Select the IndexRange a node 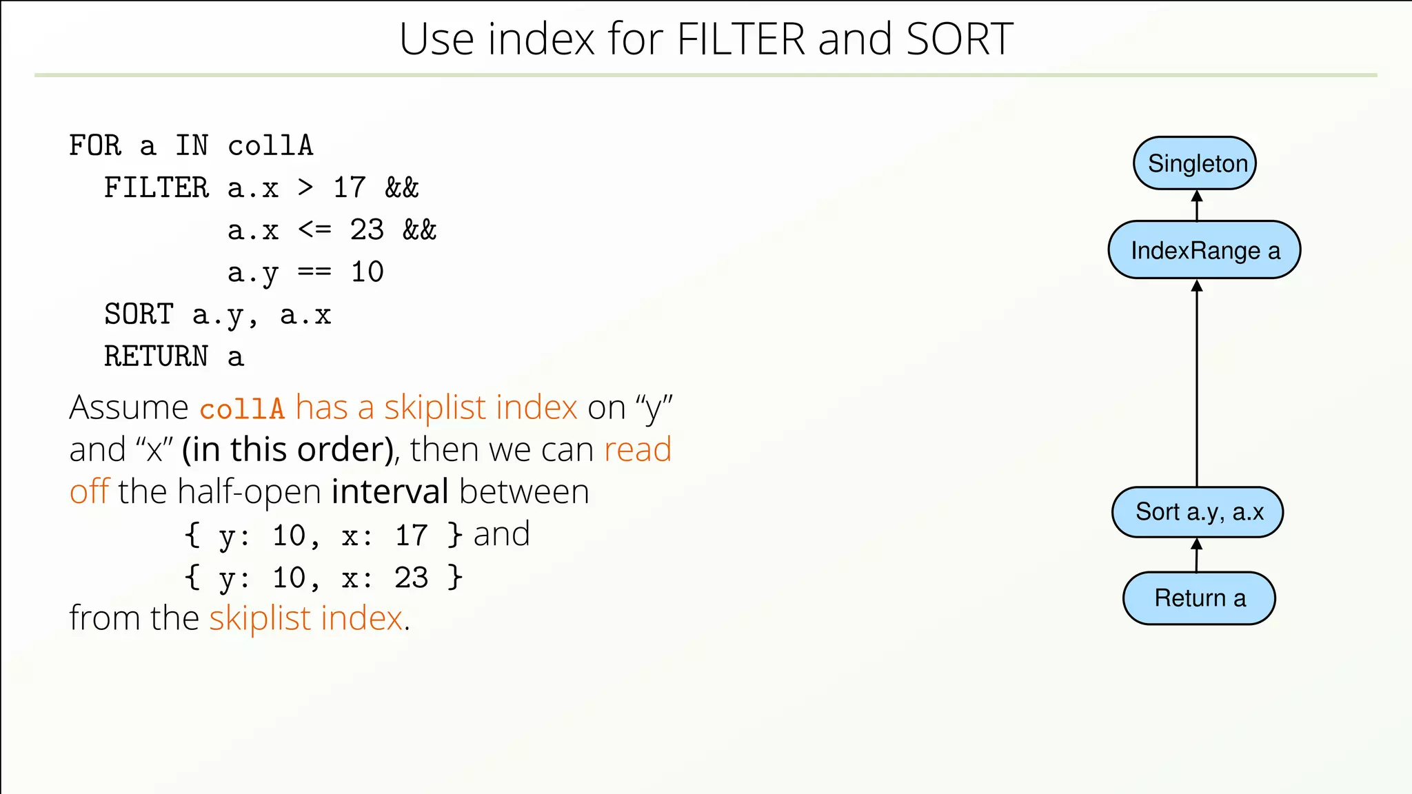click(x=1204, y=250)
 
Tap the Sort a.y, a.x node click(x=1198, y=512)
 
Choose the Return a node click(x=1199, y=598)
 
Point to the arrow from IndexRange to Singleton click(x=1197, y=205)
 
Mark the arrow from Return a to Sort click(x=1197, y=555)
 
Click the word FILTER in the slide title click(x=740, y=39)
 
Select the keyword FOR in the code click(x=95, y=146)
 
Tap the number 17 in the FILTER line click(x=350, y=188)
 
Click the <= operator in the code click(x=314, y=230)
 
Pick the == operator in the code click(x=314, y=272)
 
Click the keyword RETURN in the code click(x=156, y=357)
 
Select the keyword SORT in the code click(x=139, y=315)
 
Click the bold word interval click(x=390, y=492)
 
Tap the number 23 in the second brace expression click(x=411, y=578)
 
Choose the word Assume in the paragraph click(x=129, y=407)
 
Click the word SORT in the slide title click(x=959, y=39)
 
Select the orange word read click(x=637, y=449)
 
